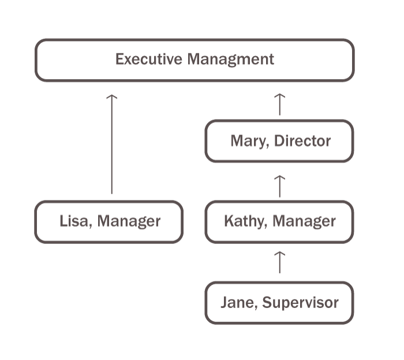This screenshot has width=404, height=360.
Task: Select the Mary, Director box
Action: click(x=279, y=140)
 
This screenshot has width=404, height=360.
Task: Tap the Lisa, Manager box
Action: click(x=109, y=221)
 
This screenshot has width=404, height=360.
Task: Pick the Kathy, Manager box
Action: click(x=279, y=221)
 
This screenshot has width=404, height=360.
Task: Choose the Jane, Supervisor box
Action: click(x=279, y=302)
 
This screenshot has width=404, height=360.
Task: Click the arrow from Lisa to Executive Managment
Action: click(x=112, y=144)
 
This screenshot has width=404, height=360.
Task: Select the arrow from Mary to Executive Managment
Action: click(x=279, y=104)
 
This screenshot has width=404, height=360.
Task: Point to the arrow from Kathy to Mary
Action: click(x=279, y=186)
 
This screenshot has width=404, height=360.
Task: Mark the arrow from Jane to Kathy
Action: click(x=279, y=261)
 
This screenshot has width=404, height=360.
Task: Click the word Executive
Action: click(x=149, y=59)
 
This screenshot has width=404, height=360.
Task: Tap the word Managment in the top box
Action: click(x=231, y=59)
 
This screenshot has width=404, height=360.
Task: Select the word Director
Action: click(x=302, y=140)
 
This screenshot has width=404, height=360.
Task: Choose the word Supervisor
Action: click(x=300, y=303)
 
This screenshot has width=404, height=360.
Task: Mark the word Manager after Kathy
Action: click(x=304, y=221)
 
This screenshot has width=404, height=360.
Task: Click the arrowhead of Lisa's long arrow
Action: click(x=112, y=97)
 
